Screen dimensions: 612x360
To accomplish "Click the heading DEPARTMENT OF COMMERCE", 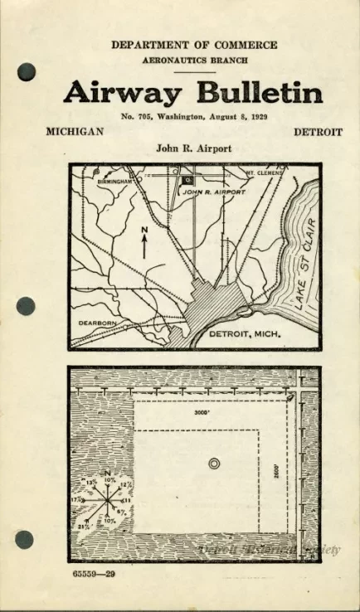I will [x=194, y=45].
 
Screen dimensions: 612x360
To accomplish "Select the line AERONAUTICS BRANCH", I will [x=194, y=61].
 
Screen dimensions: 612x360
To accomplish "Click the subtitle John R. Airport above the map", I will [x=193, y=149].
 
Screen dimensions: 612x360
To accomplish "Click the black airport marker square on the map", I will [x=184, y=177].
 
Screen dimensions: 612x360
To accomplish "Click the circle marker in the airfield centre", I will [x=215, y=464].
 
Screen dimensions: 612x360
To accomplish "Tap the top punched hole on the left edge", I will [x=26, y=71].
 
